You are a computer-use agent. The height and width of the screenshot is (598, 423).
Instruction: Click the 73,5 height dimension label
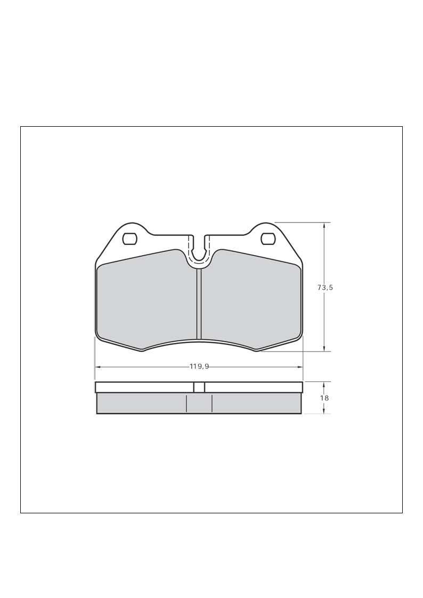(x=325, y=288)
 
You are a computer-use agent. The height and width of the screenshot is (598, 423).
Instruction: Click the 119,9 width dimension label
(x=199, y=366)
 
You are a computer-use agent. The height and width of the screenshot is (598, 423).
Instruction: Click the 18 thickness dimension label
(x=324, y=398)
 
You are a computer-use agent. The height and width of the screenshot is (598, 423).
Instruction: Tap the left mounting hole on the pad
(x=129, y=239)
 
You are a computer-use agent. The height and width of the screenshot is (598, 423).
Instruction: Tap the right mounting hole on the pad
(x=268, y=239)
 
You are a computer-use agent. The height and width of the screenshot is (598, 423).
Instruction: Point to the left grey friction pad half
(x=147, y=299)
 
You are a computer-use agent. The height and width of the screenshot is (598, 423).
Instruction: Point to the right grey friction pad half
(x=250, y=299)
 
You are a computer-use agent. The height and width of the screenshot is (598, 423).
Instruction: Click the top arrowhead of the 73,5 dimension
(x=324, y=226)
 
